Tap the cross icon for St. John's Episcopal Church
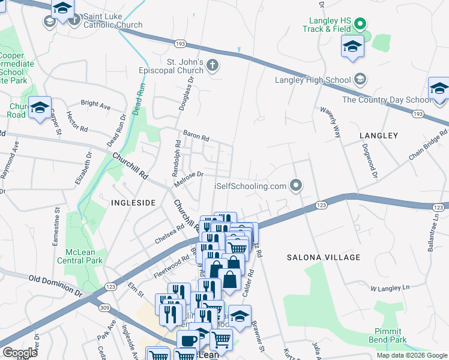[212, 65]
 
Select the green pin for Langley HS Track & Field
[360, 25]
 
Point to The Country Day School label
[386, 100]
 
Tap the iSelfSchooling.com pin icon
[295, 185]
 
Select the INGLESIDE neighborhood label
[133, 203]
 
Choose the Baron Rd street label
[196, 136]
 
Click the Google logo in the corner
[20, 353]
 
